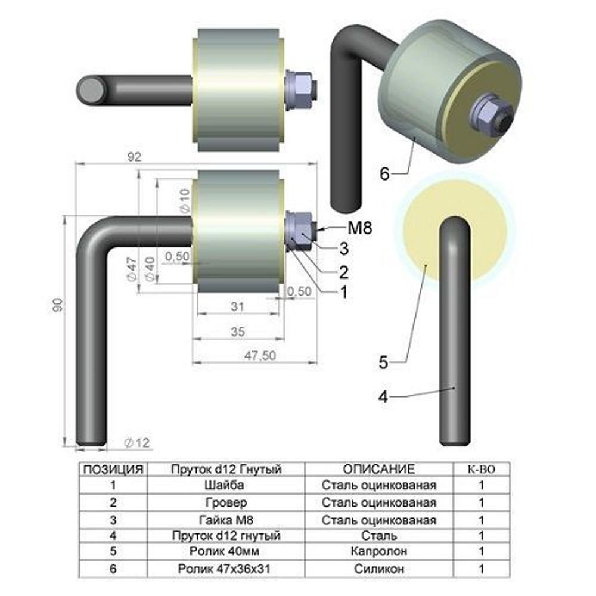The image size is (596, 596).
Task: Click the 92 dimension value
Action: (134, 157)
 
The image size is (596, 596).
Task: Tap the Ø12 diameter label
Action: (137, 443)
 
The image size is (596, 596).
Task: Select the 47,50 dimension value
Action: (260, 356)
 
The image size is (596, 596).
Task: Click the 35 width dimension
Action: (238, 331)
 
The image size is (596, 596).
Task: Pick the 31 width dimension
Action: (238, 306)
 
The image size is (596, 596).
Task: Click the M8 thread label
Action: (360, 228)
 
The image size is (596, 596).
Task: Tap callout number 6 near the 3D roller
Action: (384, 173)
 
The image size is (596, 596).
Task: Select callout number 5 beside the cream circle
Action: (383, 362)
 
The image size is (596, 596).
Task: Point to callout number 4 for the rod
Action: (383, 397)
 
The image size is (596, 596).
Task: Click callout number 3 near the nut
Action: (344, 249)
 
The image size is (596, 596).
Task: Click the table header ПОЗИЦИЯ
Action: (113, 470)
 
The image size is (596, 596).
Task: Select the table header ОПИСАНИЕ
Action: (378, 469)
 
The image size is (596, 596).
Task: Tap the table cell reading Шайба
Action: (224, 485)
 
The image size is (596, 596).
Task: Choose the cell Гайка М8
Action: (226, 520)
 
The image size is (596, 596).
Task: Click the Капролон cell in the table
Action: (378, 551)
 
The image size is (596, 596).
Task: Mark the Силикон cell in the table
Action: (379, 569)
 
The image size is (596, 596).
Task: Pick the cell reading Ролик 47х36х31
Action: (224, 569)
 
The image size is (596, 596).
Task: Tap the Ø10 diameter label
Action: (184, 200)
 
